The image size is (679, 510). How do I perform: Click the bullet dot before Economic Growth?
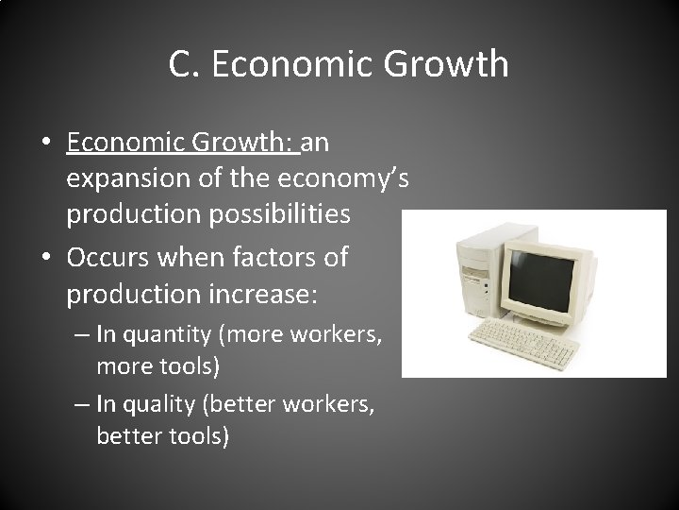[45, 144]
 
